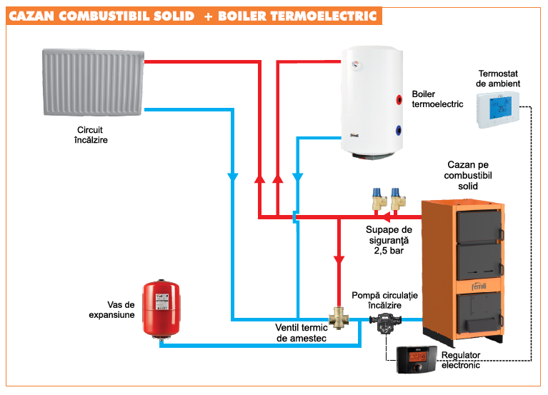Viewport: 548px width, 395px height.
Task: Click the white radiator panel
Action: (x=93, y=83)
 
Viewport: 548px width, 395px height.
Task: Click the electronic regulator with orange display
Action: (x=414, y=357)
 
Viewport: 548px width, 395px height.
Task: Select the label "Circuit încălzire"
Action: (x=91, y=136)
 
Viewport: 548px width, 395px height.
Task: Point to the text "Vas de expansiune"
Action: (x=111, y=309)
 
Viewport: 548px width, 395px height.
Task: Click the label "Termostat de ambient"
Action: (x=498, y=79)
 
